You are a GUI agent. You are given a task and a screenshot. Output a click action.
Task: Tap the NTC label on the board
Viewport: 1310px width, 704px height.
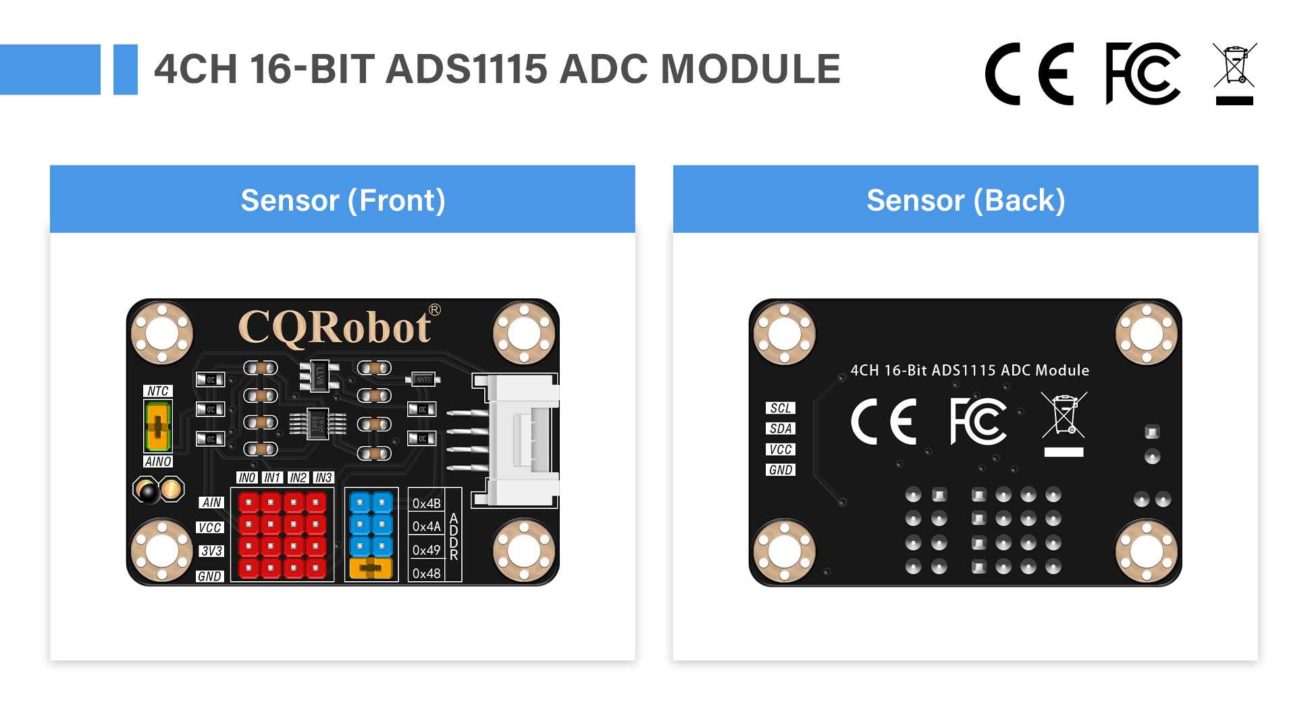(158, 391)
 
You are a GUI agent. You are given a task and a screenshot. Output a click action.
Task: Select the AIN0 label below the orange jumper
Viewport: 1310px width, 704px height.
(158, 462)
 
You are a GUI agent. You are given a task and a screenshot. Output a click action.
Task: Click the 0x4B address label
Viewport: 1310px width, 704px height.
(426, 504)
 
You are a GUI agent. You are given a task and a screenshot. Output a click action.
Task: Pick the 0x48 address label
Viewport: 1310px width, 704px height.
(426, 574)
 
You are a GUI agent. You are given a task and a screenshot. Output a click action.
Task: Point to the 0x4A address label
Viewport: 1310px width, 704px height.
(426, 526)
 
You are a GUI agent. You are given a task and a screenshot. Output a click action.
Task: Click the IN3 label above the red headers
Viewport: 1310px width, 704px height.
(323, 478)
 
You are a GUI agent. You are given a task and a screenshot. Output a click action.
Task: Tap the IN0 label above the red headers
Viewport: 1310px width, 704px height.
(247, 478)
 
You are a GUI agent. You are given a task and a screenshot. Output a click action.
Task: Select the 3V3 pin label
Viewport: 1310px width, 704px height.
(211, 551)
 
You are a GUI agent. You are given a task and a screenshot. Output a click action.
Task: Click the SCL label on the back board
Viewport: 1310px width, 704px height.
(780, 408)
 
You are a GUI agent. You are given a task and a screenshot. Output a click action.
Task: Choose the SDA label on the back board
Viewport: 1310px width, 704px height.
(780, 429)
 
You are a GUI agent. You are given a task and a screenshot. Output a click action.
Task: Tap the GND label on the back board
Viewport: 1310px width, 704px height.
(780, 470)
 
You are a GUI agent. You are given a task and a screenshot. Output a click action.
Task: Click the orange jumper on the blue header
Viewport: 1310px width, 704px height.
(371, 568)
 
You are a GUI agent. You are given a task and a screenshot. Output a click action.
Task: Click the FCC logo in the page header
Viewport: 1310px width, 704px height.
(1142, 74)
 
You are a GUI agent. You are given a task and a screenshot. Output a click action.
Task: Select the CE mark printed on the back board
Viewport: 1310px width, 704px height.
(884, 422)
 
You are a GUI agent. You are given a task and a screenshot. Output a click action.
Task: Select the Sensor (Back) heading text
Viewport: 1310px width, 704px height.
(966, 200)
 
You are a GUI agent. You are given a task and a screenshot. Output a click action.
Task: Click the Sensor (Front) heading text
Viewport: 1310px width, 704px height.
(342, 200)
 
